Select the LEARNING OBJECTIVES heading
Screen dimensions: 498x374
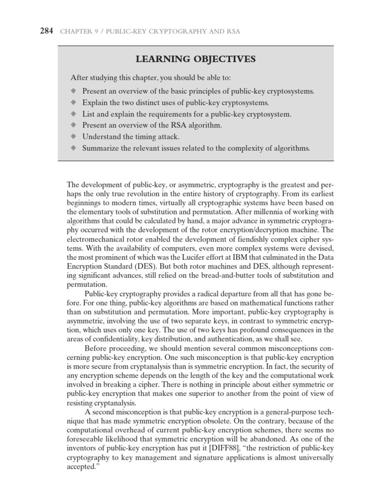195,59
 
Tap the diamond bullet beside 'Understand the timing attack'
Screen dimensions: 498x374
74,137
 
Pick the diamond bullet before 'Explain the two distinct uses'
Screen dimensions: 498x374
74,103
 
